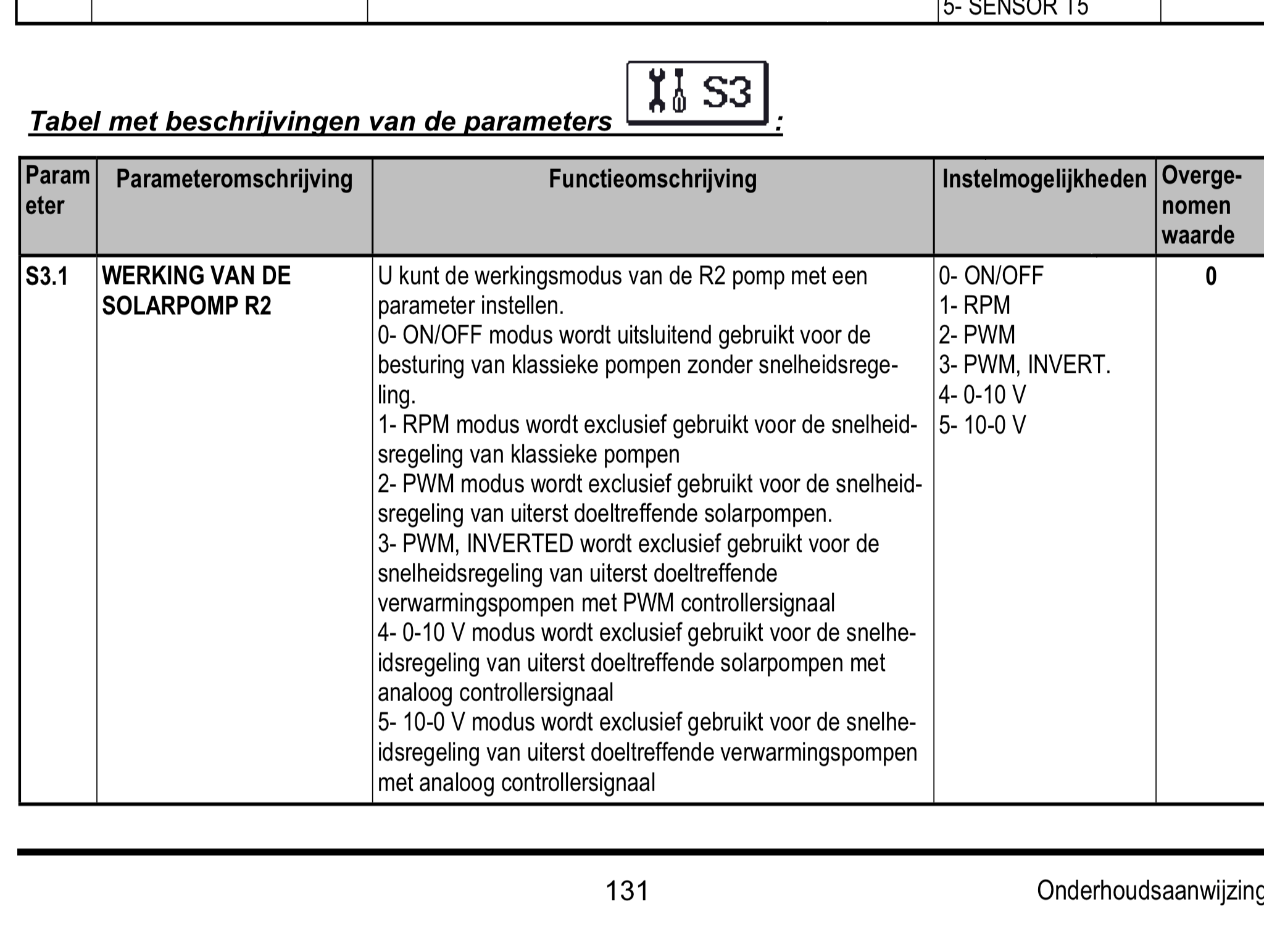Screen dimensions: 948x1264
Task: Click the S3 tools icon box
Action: (x=697, y=93)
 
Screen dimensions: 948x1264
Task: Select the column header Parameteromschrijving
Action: (x=234, y=180)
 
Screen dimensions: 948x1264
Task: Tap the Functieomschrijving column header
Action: (x=652, y=180)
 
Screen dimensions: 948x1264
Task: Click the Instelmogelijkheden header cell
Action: (x=1044, y=180)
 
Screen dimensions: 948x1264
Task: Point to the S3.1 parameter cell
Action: (x=47, y=276)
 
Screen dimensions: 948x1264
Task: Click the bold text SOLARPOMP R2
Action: (x=186, y=306)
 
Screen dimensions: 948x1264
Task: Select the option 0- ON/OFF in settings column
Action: (x=991, y=276)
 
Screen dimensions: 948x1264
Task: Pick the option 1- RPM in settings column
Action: (x=975, y=306)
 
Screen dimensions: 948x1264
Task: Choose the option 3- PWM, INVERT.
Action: (x=1025, y=365)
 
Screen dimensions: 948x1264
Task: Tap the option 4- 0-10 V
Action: (x=982, y=394)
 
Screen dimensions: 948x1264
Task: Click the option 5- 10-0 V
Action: (x=982, y=425)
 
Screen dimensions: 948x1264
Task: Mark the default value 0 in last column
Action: (x=1210, y=276)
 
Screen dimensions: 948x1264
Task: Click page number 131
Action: (x=627, y=891)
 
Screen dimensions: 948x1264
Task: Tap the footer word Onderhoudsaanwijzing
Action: (x=1150, y=891)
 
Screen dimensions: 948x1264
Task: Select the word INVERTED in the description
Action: (x=520, y=544)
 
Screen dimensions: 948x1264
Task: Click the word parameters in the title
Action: (x=537, y=122)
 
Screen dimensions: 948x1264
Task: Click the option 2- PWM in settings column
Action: (x=976, y=335)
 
